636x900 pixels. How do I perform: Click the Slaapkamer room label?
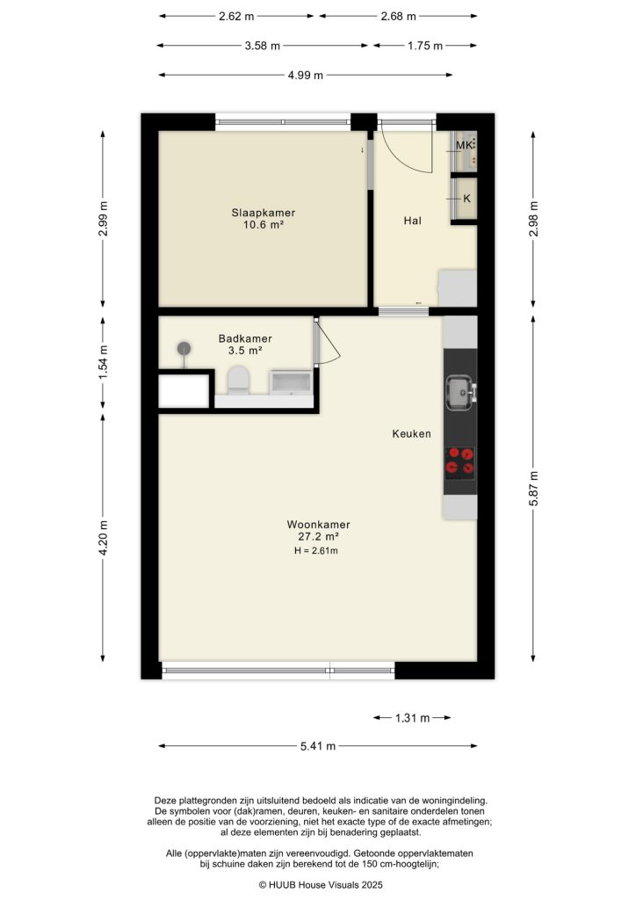[x=263, y=213]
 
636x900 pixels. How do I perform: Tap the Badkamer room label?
[x=245, y=338]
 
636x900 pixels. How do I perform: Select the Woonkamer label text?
[x=318, y=525]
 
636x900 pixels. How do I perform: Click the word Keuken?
[x=411, y=433]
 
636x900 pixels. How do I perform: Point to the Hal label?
[x=413, y=221]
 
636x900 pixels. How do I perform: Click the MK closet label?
[x=463, y=144]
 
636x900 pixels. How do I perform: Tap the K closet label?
[x=466, y=199]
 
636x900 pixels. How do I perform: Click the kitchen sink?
[x=459, y=392]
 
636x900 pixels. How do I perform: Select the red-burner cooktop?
[x=460, y=461]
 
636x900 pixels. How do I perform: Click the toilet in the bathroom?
[x=238, y=381]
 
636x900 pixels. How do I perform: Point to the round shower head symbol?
[x=184, y=349]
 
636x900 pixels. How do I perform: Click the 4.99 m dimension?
[x=305, y=76]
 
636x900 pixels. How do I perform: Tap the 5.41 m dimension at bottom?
[x=318, y=746]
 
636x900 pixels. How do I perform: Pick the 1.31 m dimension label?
[x=411, y=718]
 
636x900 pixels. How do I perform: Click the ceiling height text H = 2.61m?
[x=316, y=551]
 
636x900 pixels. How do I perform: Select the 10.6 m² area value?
[x=263, y=225]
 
